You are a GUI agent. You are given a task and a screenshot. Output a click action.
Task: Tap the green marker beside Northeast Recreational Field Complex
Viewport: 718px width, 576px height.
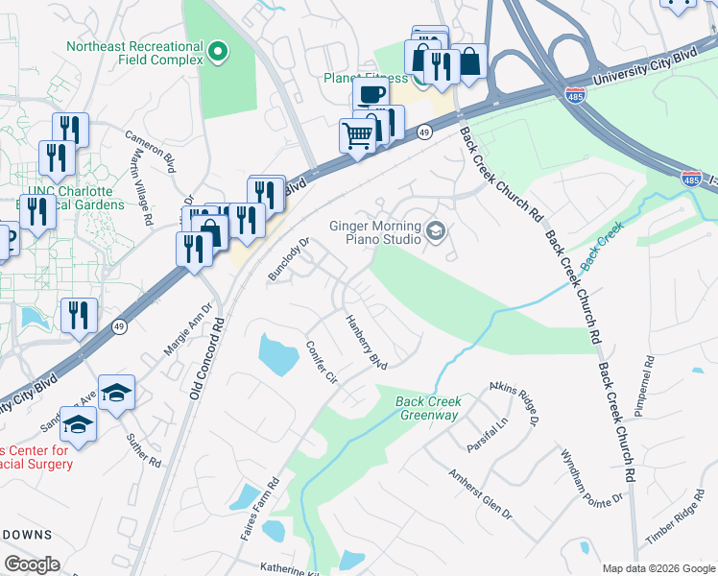pos(218,52)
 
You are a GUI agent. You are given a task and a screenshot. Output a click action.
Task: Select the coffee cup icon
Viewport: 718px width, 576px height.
pos(371,94)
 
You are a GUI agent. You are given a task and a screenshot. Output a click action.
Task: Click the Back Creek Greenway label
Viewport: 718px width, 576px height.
pos(428,408)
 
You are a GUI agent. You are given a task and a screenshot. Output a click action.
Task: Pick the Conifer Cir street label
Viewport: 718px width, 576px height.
pos(322,362)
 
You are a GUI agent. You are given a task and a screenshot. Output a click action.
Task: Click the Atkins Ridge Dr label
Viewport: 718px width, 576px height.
pos(515,402)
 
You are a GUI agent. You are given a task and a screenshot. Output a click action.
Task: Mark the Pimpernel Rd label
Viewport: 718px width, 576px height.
pos(642,386)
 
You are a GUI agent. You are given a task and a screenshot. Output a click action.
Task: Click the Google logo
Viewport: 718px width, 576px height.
pos(32,564)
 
